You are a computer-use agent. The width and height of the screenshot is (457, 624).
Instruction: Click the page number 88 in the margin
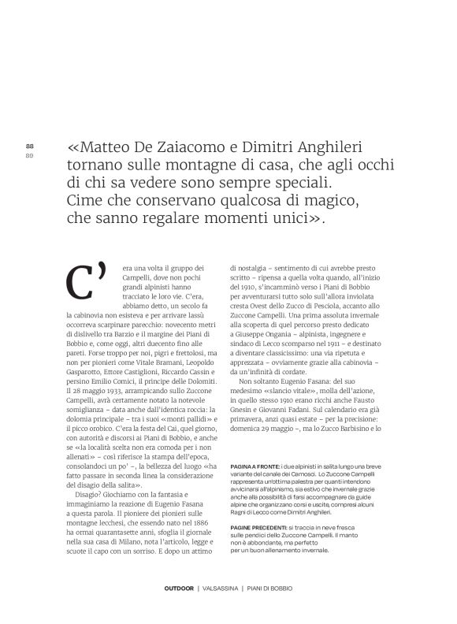(x=30, y=147)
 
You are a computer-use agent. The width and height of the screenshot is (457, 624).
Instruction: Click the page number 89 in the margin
(x=30, y=154)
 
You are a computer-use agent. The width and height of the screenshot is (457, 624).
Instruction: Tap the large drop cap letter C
(x=87, y=281)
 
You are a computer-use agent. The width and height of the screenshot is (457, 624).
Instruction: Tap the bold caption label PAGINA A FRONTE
(x=257, y=466)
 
